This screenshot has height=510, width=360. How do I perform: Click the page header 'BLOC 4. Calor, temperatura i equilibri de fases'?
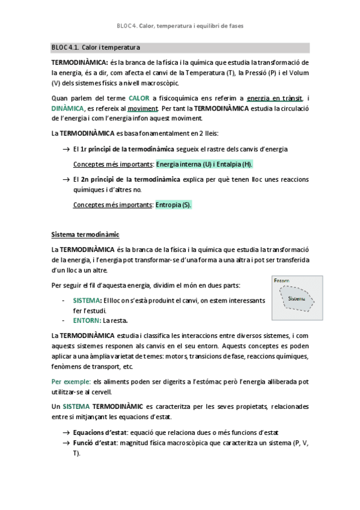pyautogui.click(x=180, y=26)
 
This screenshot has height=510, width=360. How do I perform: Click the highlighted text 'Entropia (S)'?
pyautogui.click(x=174, y=204)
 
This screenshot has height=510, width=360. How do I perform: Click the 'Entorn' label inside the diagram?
pyautogui.click(x=281, y=281)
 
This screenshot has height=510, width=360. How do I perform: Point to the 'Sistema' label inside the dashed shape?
pyautogui.click(x=296, y=298)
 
